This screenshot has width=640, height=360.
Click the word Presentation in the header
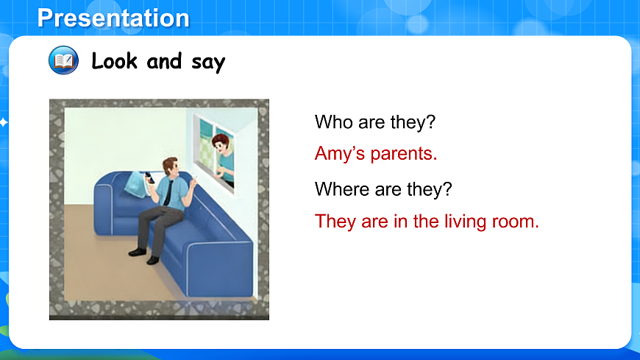113,18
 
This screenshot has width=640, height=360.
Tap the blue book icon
63,60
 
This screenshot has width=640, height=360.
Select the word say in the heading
207,62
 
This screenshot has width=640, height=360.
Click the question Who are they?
375,122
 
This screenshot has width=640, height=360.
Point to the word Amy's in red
341,154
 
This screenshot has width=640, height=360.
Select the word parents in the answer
404,154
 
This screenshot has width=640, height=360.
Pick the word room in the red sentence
519,221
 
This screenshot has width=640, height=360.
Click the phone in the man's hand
149,177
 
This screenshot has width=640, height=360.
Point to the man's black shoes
144,255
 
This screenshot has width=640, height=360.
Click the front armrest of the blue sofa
213,265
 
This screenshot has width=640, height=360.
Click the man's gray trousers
154,221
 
